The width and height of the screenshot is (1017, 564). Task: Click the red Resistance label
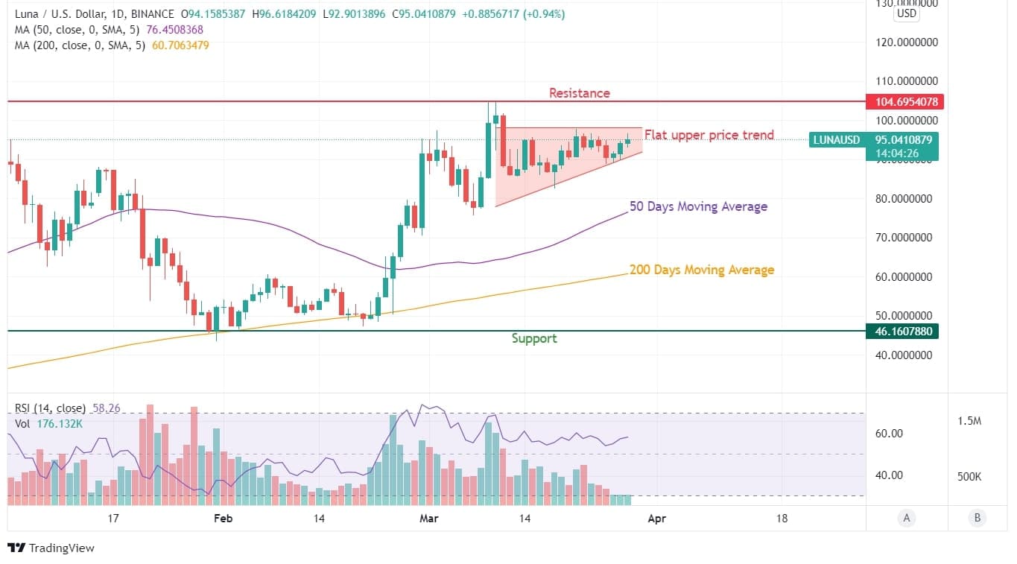pos(579,93)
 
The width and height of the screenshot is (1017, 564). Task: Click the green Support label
pos(534,338)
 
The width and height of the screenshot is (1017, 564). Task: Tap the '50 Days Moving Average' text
pos(698,206)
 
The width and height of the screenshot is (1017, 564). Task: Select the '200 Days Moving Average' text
pos(701,270)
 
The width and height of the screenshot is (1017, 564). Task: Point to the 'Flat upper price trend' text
pos(709,135)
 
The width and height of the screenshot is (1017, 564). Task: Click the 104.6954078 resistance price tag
pos(902,101)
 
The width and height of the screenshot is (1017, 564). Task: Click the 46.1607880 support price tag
pos(902,331)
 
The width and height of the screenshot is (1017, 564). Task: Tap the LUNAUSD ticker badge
pos(836,139)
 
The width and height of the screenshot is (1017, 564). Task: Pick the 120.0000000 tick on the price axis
pos(907,42)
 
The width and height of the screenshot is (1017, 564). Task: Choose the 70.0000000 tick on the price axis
pos(907,238)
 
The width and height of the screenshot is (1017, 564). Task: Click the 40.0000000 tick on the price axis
pos(907,355)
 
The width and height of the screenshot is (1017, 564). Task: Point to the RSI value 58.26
pos(106,408)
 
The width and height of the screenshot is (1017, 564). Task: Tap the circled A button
pos(906,518)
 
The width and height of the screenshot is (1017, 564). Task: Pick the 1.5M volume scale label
pos(969,421)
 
